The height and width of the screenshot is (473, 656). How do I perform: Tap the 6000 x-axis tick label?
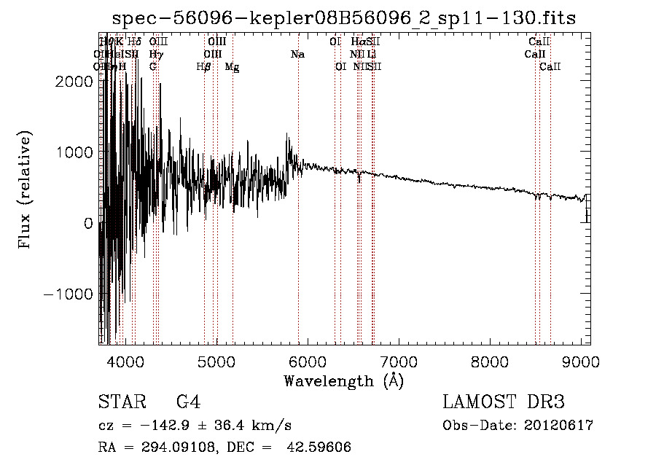pos(307,361)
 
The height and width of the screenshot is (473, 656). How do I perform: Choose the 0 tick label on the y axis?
pos(87,224)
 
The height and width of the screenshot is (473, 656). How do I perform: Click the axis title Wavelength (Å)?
pos(343,380)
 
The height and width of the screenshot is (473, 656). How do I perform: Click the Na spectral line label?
pos(297,54)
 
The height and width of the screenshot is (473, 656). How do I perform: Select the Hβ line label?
pos(204,66)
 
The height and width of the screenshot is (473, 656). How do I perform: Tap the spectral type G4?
pos(188,402)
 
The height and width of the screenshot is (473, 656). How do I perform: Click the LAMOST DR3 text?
pos(504,402)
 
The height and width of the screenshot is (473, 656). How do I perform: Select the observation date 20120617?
pos(560,426)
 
